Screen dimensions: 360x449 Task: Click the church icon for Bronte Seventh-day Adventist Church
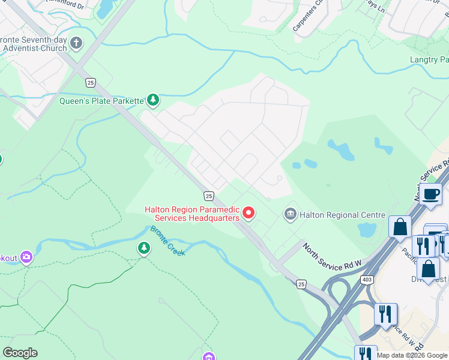click(x=76, y=43)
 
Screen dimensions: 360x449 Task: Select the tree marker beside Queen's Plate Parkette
click(x=153, y=100)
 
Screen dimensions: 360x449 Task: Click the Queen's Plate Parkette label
click(x=101, y=101)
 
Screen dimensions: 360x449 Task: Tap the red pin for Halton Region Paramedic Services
click(x=248, y=212)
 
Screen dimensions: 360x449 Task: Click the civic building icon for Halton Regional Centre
click(x=290, y=214)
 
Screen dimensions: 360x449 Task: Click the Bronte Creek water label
click(x=167, y=241)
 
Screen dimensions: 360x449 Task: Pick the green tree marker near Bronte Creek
click(x=143, y=247)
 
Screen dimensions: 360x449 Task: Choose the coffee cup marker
click(x=431, y=194)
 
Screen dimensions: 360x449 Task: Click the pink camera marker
click(x=26, y=257)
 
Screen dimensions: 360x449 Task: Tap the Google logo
click(x=20, y=353)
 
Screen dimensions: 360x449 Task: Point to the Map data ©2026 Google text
click(x=412, y=355)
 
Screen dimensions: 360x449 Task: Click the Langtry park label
click(x=429, y=60)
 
